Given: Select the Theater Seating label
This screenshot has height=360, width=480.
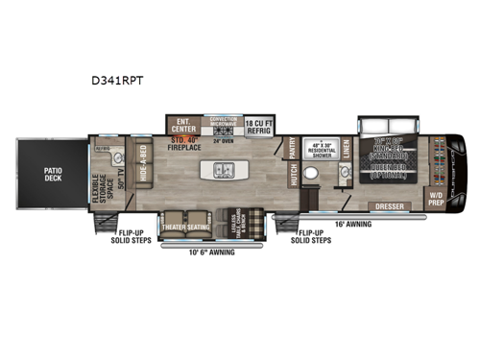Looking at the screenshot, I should [186, 227].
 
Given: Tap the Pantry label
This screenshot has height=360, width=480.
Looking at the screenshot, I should [293, 148].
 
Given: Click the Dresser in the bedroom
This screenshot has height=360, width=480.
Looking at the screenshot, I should [389, 204].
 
